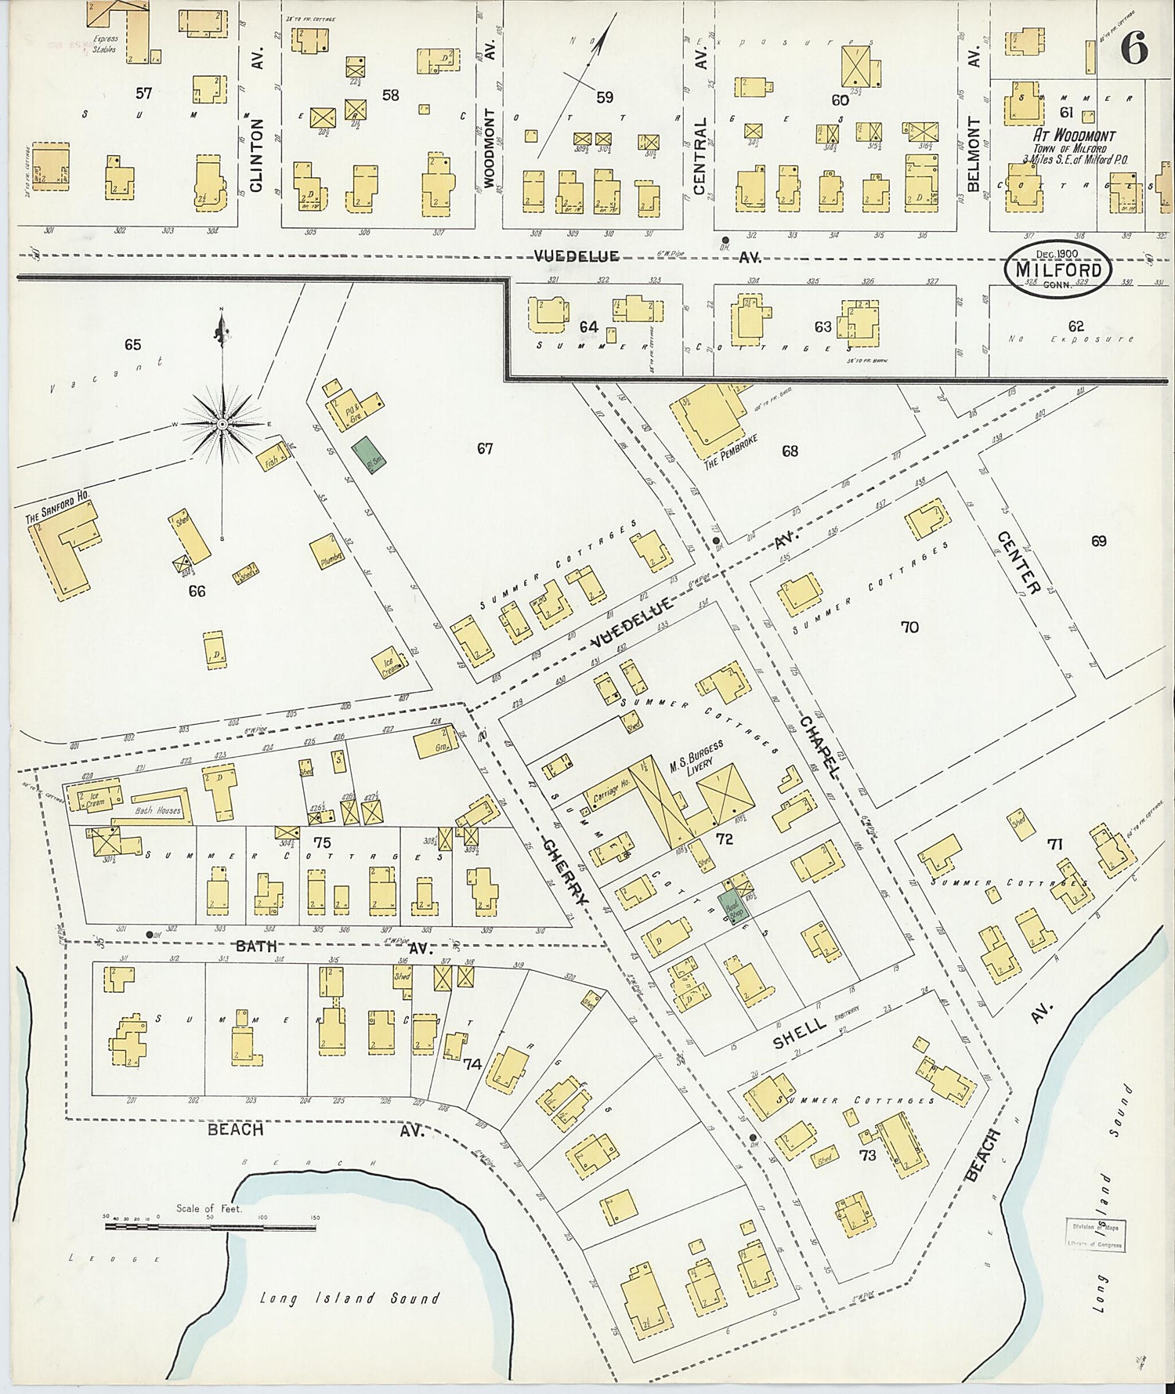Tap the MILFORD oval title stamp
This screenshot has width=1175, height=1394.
pos(1058,268)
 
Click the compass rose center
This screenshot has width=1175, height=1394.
pos(222,423)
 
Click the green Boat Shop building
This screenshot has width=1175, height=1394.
pos(734,901)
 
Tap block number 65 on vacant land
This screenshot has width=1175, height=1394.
pos(132,344)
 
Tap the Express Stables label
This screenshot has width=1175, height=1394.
pos(103,43)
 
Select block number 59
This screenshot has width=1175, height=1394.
pos(605,97)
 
